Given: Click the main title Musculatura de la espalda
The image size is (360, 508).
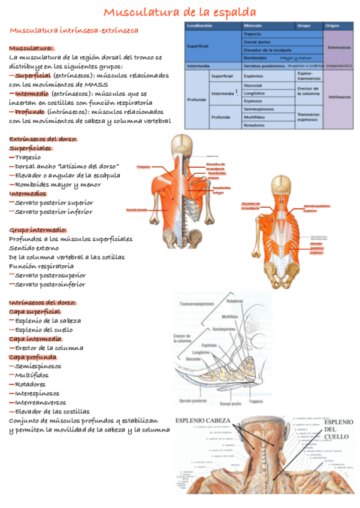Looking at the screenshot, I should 180,12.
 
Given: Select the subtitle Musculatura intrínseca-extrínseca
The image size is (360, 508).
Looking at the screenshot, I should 74,29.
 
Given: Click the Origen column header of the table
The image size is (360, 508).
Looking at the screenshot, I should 332,26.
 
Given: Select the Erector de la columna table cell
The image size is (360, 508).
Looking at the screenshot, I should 309,90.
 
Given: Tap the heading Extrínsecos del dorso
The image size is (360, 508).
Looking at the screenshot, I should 43,139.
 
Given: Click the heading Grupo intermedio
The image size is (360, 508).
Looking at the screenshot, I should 38,230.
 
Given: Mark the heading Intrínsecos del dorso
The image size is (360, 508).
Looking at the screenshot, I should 43,303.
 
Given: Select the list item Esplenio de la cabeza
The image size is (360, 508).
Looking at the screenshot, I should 48,320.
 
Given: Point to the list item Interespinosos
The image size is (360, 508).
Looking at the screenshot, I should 37,394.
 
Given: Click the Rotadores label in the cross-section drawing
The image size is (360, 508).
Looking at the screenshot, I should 235,301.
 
